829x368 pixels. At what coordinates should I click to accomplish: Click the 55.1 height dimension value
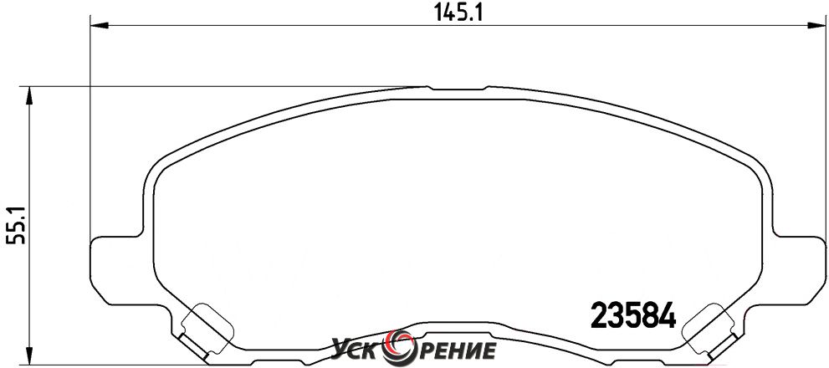pos(16,225)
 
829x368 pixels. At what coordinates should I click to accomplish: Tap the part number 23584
pos(632,314)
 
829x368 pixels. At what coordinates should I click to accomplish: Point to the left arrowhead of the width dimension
pos(100,25)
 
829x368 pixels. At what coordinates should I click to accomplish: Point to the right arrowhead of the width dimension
pos(817,25)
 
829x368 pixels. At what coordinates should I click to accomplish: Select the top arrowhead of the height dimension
pos(29,95)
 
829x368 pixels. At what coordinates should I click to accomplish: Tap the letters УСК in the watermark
pos(360,350)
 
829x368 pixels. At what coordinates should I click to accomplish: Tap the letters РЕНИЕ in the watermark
pos(456,350)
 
